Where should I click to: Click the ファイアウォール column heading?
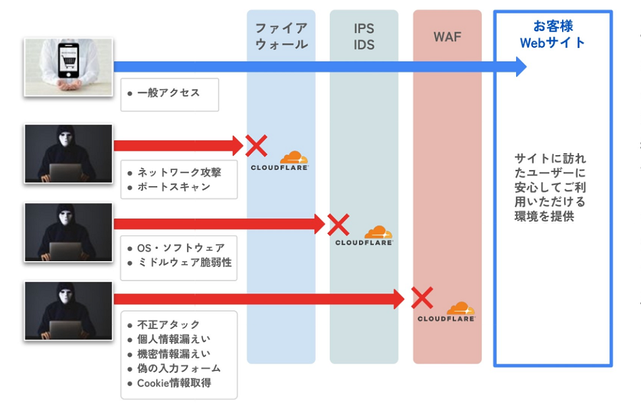(281, 36)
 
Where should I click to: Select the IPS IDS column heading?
(364, 37)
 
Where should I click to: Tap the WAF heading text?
(447, 36)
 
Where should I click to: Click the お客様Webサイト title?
(553, 34)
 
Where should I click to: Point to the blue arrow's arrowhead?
(520, 66)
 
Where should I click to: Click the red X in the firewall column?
(256, 145)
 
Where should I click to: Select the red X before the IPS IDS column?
(337, 224)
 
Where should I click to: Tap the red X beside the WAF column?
(422, 297)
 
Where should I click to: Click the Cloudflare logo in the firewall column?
(280, 161)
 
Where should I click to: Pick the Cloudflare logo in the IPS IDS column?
(364, 236)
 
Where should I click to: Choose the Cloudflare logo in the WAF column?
(447, 312)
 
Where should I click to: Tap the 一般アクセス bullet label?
(168, 93)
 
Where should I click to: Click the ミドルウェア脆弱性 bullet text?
(184, 262)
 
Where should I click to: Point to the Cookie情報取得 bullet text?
(174, 383)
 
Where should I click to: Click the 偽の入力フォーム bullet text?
(179, 368)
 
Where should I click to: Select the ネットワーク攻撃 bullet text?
(179, 172)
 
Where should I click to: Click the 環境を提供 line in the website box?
(544, 217)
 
